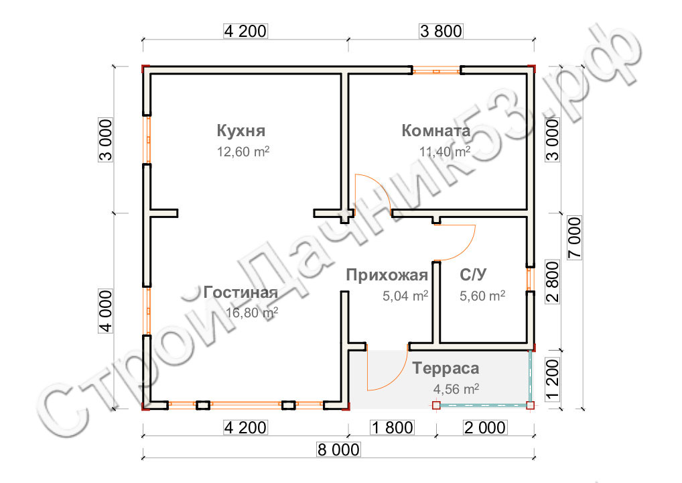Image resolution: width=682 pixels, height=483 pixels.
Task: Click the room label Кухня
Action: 241,131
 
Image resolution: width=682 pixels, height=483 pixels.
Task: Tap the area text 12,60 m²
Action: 243,152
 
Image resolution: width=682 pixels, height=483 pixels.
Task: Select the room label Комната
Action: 436,131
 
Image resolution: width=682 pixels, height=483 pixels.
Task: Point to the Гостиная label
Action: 241,292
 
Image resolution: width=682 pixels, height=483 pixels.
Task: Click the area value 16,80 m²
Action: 252,313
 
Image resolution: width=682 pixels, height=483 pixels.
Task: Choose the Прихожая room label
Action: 387,275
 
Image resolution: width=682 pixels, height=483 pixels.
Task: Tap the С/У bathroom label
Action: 473,275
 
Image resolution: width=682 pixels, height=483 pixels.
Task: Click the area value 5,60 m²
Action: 482,296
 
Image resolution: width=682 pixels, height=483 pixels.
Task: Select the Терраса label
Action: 446,368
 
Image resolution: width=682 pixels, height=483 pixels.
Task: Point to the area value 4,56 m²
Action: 456,388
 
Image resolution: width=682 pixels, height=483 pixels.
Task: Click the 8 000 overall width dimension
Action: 338,449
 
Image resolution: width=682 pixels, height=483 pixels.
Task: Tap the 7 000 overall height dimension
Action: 575,237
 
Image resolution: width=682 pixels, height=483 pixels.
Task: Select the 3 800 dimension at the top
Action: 441,32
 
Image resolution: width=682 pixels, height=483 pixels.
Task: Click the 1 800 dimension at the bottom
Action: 392,428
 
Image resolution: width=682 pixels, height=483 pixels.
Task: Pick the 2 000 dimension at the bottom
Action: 485,428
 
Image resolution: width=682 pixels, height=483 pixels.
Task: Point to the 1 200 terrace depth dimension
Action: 552,378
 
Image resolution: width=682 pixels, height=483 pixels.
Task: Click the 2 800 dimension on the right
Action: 553,282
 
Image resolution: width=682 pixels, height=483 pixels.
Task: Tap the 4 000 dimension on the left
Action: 106,311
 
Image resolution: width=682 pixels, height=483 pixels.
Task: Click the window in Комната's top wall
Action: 436,70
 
